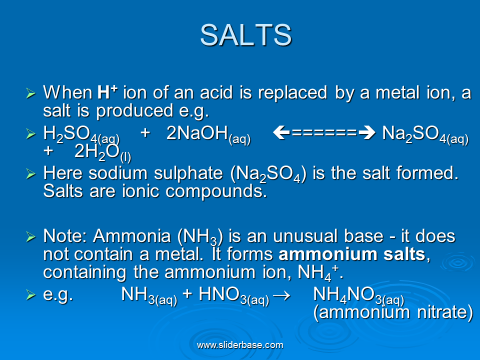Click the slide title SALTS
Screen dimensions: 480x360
point(246,35)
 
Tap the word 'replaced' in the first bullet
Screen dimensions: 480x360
point(292,93)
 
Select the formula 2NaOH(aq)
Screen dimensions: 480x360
point(208,135)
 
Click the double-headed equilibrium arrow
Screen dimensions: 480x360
point(324,133)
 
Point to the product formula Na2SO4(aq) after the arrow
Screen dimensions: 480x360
point(425,135)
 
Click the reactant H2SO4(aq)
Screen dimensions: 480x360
point(81,135)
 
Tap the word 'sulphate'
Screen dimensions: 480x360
point(188,174)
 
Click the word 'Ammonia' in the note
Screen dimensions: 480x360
point(131,236)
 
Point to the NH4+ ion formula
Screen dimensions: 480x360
point(318,273)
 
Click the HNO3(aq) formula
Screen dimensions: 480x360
point(234,295)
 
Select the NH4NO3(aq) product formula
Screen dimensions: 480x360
point(358,295)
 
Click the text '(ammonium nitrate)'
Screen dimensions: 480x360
point(393,312)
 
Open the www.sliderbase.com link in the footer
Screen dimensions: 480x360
point(240,345)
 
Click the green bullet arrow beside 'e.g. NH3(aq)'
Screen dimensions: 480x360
point(31,294)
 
